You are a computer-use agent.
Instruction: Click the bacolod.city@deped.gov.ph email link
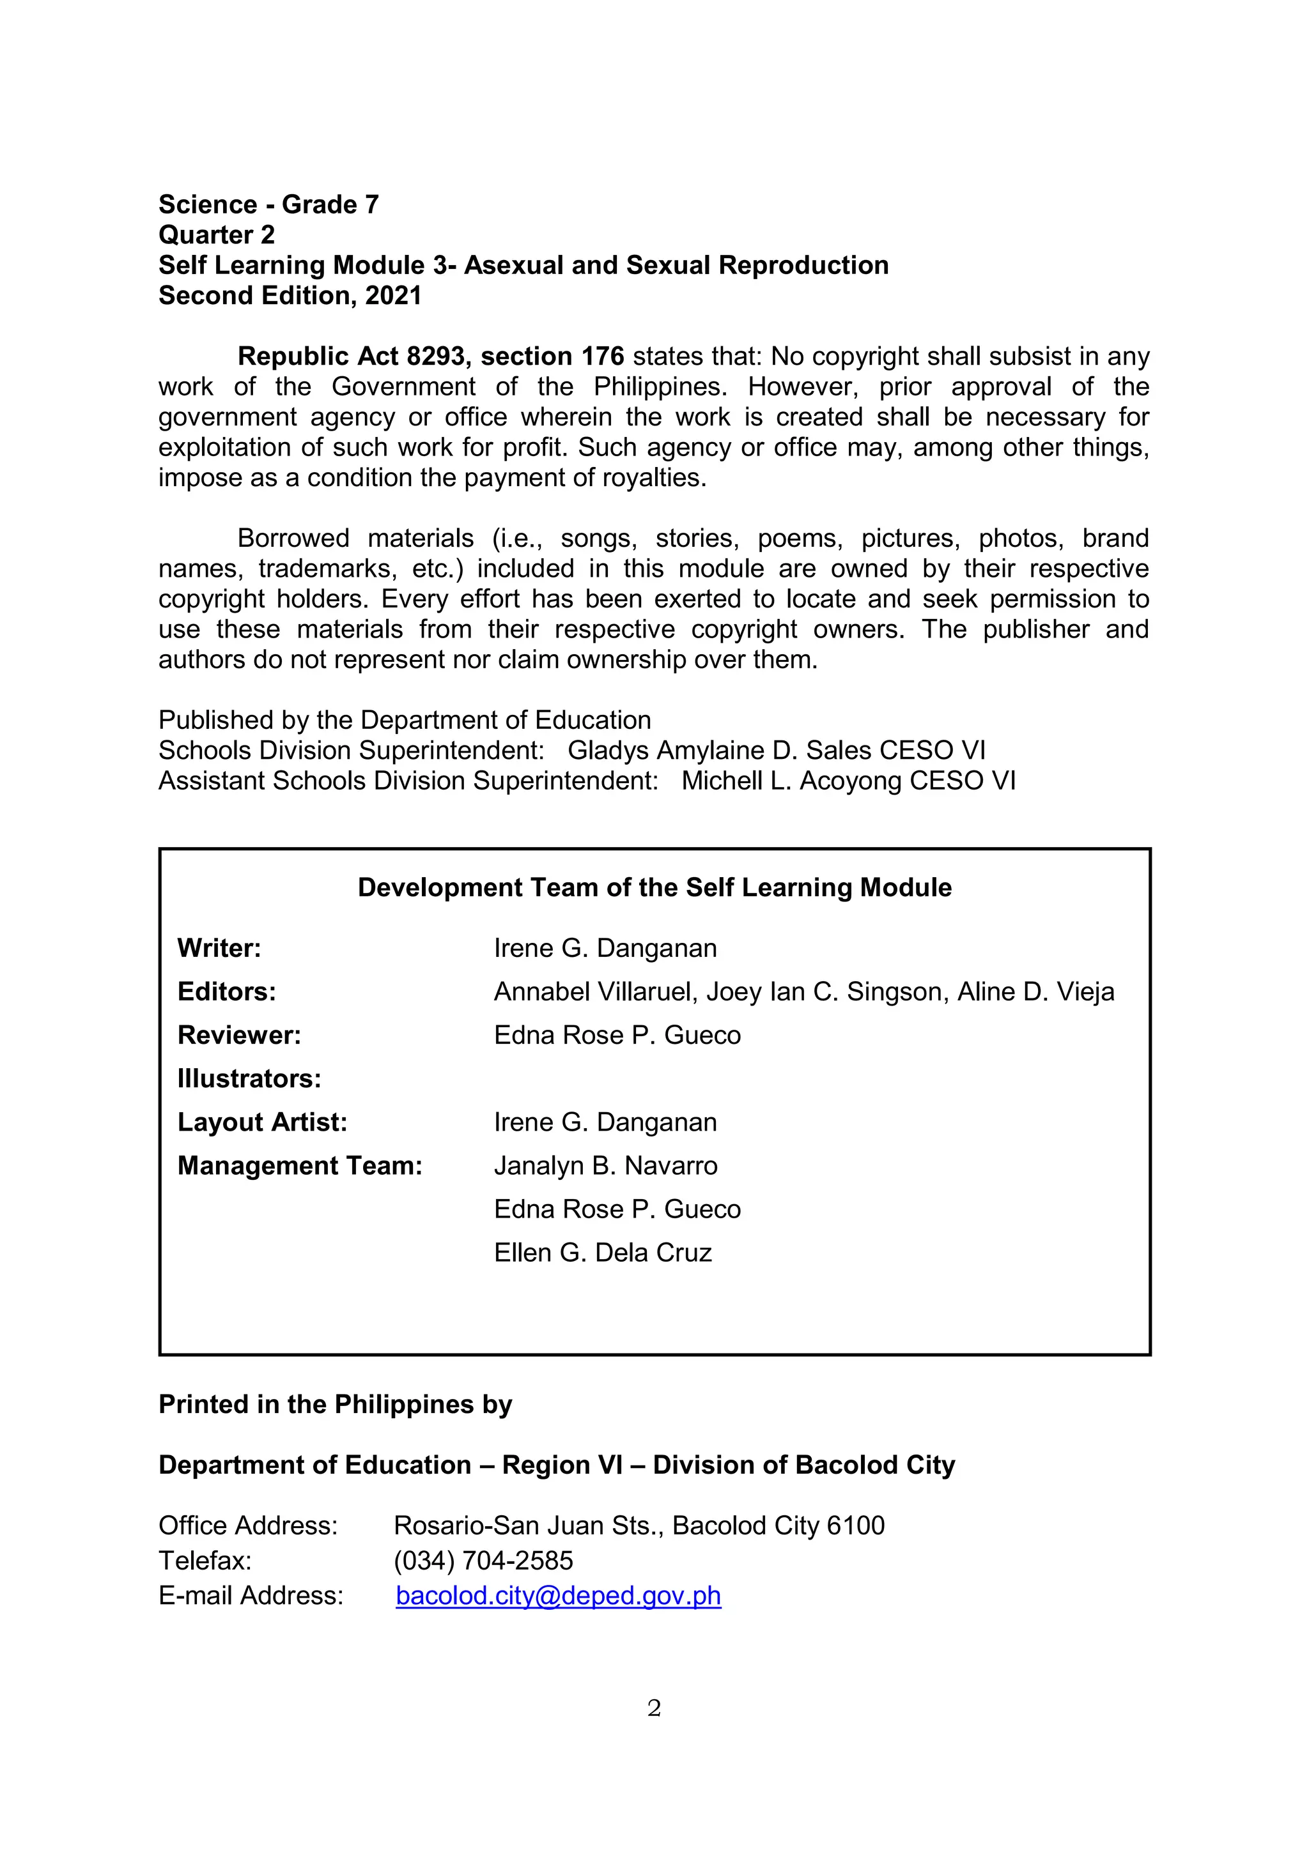(558, 1596)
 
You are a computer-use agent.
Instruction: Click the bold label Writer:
(219, 949)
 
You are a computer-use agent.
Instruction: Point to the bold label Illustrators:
(249, 1079)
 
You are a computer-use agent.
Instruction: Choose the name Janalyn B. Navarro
(605, 1166)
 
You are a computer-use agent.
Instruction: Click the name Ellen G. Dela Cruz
(603, 1253)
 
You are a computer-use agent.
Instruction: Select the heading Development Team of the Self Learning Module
(654, 888)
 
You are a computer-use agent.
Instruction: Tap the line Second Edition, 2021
(290, 296)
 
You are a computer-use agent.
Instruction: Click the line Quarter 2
(216, 234)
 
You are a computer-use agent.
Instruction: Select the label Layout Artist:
(262, 1122)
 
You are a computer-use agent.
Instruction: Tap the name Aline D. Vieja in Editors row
(1035, 992)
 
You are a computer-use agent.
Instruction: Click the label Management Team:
(300, 1166)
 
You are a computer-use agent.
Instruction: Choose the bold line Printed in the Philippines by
(336, 1404)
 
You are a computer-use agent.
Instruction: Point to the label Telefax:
(205, 1561)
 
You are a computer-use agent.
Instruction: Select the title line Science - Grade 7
(268, 204)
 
